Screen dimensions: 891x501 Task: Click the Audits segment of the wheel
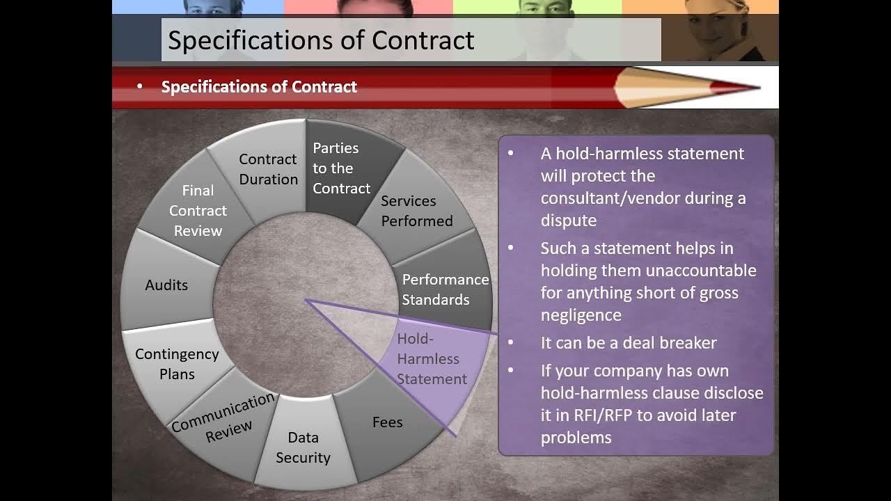pos(167,285)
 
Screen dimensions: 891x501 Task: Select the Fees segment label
pos(388,422)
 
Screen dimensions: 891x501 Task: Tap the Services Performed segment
pos(416,211)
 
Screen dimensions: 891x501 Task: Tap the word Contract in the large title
pos(423,40)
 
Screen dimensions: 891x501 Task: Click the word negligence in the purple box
pos(581,315)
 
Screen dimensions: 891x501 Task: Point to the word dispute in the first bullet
pos(569,221)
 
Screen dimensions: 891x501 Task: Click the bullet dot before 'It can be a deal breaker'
pos(511,342)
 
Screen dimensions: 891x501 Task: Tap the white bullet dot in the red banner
pos(140,86)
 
